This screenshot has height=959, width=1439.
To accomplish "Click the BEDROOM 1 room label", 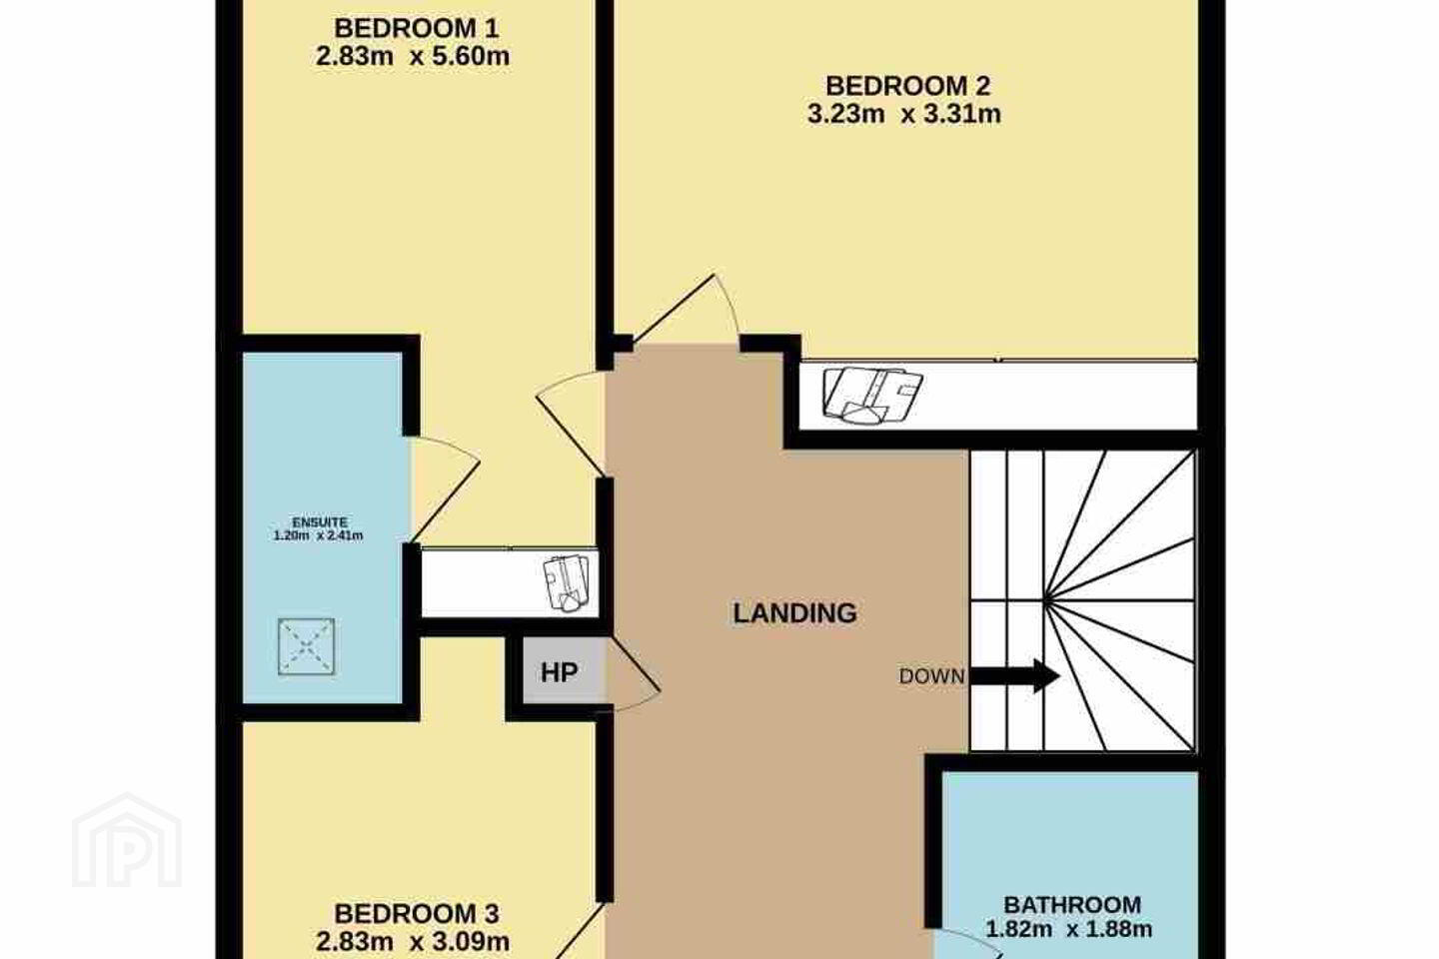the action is coord(416,28).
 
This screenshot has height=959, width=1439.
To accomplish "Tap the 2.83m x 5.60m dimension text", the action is coord(413,57).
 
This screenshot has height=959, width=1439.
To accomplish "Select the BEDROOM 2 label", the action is coord(907,86).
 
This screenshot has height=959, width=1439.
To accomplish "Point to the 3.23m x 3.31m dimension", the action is coord(903,114).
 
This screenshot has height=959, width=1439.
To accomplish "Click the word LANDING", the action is coord(794,613).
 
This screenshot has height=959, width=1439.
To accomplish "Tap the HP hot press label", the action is coord(559,673).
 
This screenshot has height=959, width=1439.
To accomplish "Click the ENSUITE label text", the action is coord(320,522).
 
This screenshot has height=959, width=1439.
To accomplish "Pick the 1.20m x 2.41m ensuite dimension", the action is coord(319,535).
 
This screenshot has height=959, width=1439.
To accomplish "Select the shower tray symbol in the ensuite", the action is coord(307,647).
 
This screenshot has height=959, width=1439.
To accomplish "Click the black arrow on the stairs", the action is coord(1014,676).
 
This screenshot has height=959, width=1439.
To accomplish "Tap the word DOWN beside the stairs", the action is coord(931,676).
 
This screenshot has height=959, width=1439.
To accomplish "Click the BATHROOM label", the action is coord(1072,905).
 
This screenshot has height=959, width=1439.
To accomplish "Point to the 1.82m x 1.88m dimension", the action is coord(1069,929).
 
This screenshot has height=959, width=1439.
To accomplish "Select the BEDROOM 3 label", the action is coord(417,914).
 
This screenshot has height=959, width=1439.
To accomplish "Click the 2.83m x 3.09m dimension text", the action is coord(413,942).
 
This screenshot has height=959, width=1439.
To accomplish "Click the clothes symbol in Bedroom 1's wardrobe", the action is coord(566,582).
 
